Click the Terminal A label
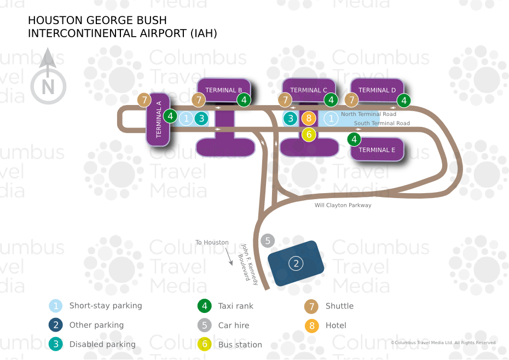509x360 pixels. [159, 119]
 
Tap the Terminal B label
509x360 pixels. [224, 90]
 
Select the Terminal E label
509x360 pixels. [377, 150]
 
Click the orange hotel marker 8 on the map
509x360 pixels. [309, 118]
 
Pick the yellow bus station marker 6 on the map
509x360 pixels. [309, 134]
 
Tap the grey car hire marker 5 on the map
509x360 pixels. [268, 241]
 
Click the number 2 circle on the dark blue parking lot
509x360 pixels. [296, 263]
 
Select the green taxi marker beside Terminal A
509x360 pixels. [170, 116]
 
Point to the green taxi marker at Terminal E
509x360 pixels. [354, 140]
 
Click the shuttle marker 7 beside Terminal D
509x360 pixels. [351, 100]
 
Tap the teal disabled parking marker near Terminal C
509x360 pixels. [291, 119]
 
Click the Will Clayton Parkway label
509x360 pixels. [343, 205]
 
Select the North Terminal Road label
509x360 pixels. [368, 114]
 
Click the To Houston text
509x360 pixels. [212, 242]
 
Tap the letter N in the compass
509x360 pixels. [48, 87]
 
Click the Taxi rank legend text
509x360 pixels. [236, 306]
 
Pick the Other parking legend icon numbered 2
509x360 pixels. [55, 325]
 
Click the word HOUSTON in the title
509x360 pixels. [55, 20]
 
